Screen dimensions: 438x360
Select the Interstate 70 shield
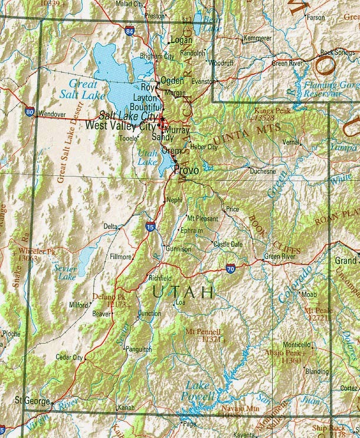point(230,269)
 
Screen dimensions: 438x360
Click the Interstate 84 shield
point(129,28)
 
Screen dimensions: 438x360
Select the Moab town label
point(309,293)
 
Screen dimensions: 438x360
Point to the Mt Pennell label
point(204,335)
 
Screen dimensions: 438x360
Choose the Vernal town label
point(290,142)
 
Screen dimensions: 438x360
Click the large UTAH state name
point(183,292)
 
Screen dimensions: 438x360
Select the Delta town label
point(110,226)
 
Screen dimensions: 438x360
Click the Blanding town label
point(317,371)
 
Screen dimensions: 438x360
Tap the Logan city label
point(181,40)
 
